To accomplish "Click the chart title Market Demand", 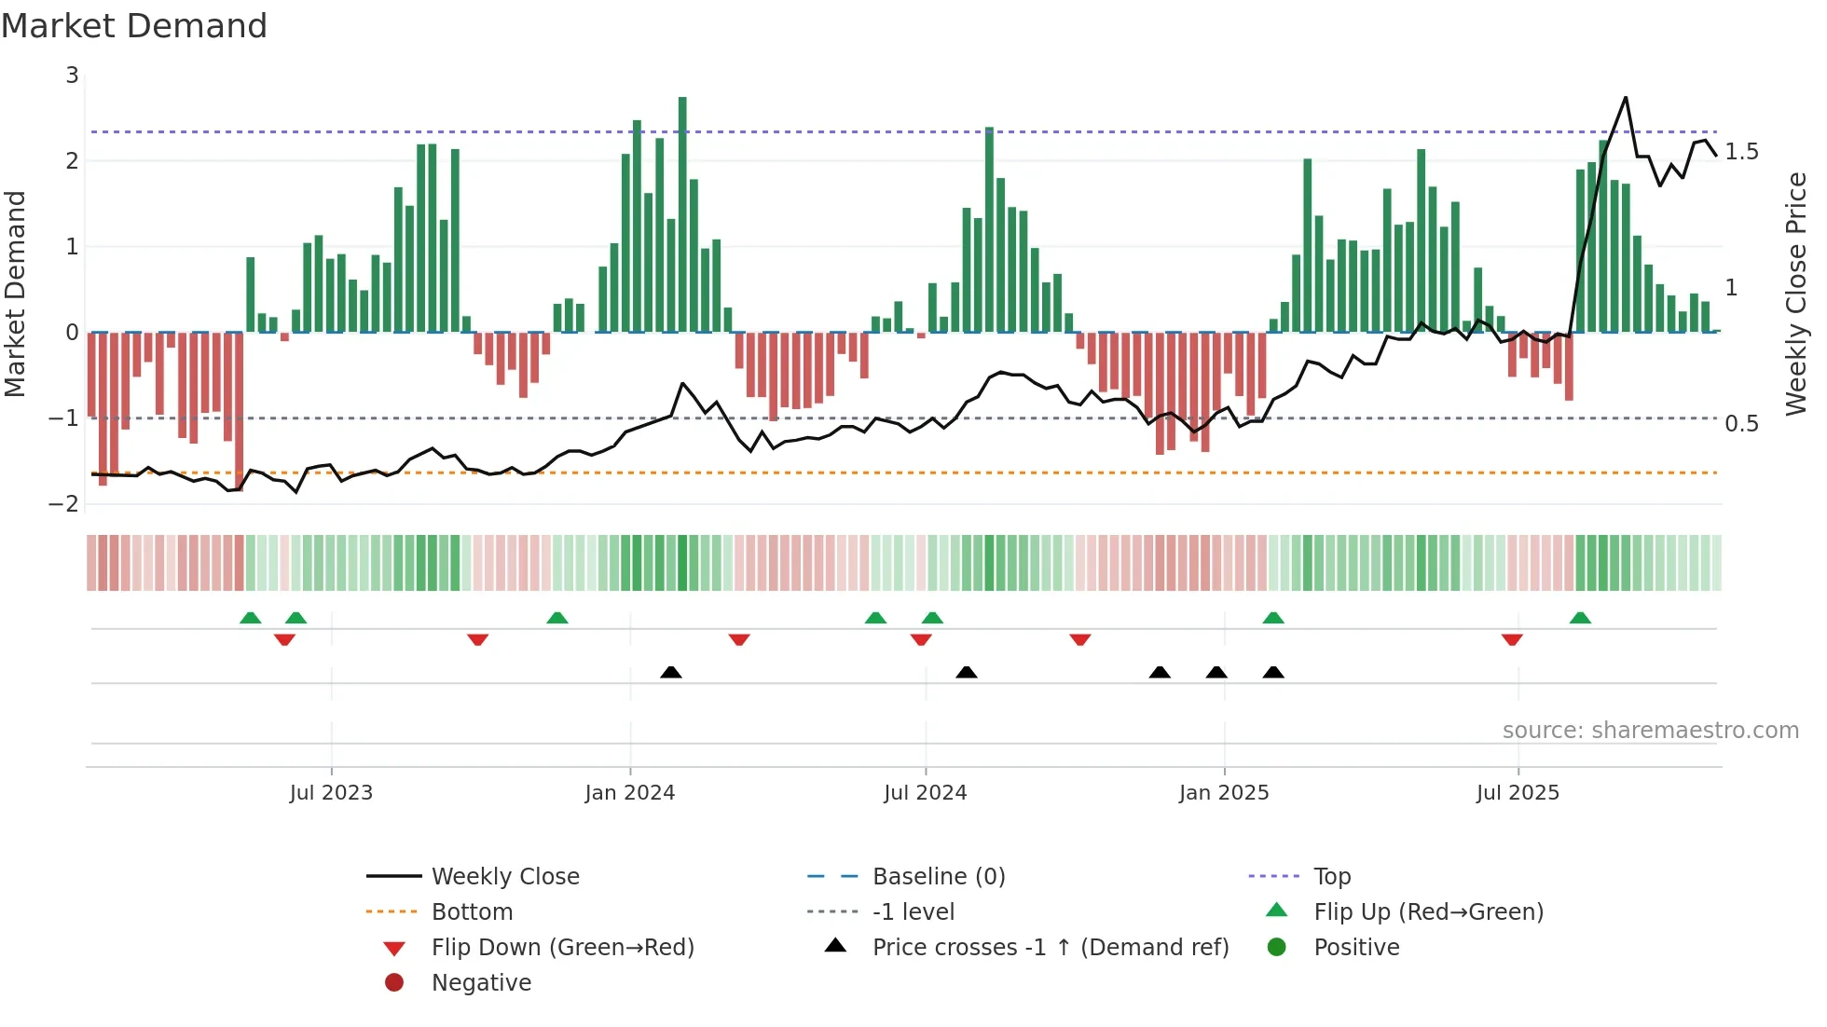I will [x=134, y=26].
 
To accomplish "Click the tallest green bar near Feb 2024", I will [x=682, y=214].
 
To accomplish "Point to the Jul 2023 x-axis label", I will [x=331, y=793].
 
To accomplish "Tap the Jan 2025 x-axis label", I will [x=1223, y=793].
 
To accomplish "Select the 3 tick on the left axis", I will [x=72, y=75].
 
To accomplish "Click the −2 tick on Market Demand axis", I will [x=64, y=504].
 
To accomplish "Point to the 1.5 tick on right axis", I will [x=1741, y=152].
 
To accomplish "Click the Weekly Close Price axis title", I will [x=1795, y=294].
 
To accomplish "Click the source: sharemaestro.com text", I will [x=1650, y=731].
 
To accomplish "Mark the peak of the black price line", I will [x=1626, y=97].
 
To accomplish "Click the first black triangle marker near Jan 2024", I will [x=670, y=672].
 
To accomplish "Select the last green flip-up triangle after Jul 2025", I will [x=1580, y=618].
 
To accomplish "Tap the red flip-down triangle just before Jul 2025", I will [x=1512, y=639].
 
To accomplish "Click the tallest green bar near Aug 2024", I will [x=989, y=229].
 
